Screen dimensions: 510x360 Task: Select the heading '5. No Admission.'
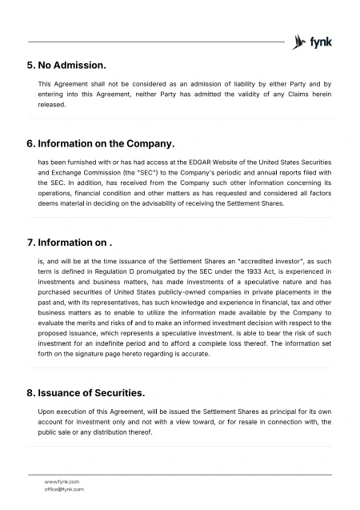pos(66,63)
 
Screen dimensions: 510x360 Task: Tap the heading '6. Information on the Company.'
pos(100,143)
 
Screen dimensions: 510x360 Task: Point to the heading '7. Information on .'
pos(69,242)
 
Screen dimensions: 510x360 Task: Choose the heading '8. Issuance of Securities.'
pos(86,393)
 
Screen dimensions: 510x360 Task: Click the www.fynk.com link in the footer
pos(62,481)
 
